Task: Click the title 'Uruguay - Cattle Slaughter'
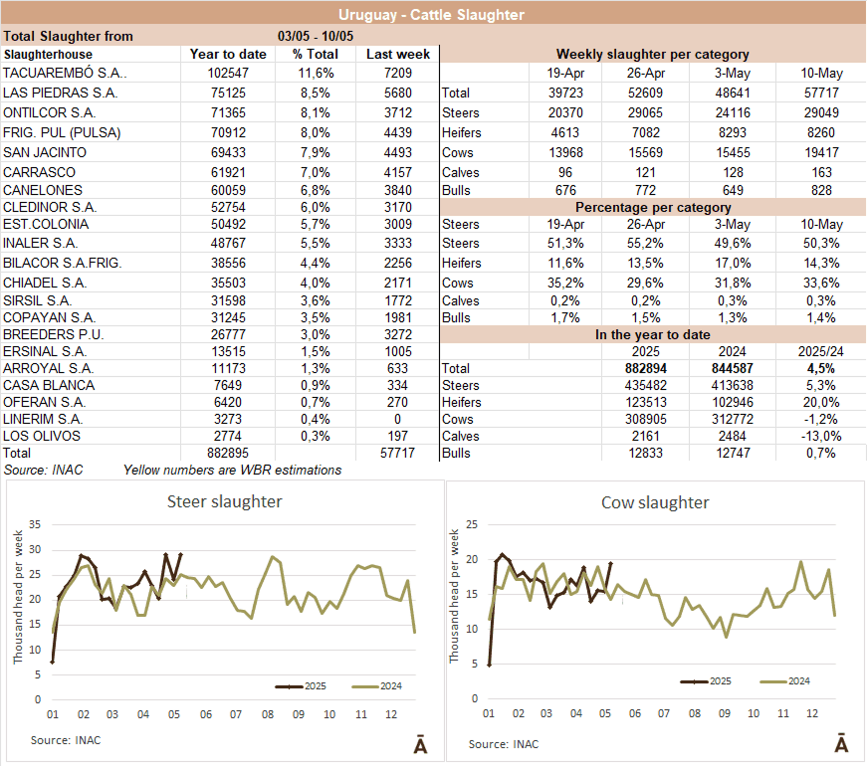pos(431,14)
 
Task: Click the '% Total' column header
pos(316,54)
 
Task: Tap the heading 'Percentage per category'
pos(652,208)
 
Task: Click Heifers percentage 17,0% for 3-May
pos(734,264)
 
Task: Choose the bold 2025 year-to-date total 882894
pos(652,369)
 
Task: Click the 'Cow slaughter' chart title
pos(655,502)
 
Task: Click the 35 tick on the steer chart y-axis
pos(36,524)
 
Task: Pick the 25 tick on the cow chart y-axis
pos(474,524)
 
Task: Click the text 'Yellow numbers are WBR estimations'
pos(232,470)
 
